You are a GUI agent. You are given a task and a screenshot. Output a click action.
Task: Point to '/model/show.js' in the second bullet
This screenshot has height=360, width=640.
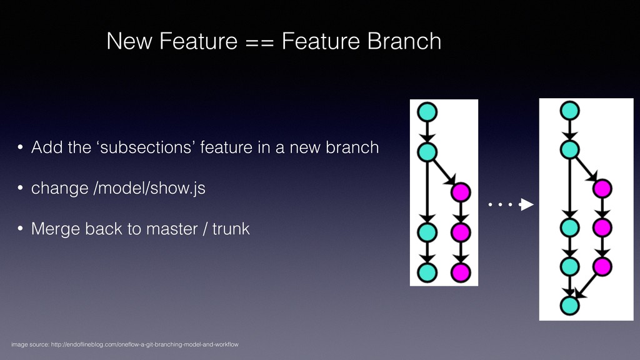(x=149, y=189)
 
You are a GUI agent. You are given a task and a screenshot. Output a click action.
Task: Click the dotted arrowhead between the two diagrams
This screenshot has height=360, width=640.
(x=527, y=204)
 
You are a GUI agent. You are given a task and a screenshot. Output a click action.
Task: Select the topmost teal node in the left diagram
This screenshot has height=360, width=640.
(x=428, y=112)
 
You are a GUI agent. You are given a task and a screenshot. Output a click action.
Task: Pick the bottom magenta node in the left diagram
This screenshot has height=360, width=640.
(x=461, y=272)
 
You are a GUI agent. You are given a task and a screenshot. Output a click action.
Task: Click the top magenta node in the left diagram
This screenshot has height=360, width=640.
(x=461, y=191)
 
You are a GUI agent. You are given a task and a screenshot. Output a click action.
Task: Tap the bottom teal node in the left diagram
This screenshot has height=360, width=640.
(x=428, y=272)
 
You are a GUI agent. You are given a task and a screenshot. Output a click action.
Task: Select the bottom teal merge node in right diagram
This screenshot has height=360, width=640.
(x=569, y=306)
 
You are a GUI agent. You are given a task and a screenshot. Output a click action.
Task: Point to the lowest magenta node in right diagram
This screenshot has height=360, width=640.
(x=601, y=266)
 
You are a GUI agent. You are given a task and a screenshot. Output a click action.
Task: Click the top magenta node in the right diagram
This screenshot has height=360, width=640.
(x=601, y=187)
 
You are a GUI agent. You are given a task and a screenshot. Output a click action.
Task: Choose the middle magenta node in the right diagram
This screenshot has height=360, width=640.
(x=601, y=227)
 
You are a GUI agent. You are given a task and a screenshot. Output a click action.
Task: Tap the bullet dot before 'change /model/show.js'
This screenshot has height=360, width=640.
(x=21, y=189)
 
